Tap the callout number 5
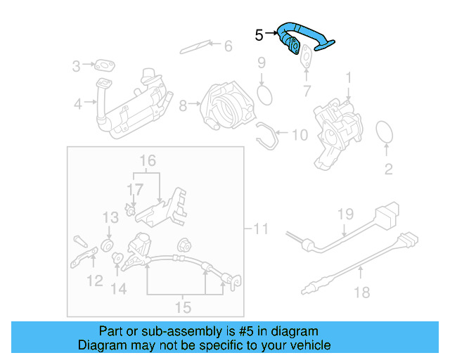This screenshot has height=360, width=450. (259, 34)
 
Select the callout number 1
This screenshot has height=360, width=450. (348, 75)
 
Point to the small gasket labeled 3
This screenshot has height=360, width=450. (106, 67)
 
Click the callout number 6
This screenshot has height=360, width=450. (228, 46)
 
